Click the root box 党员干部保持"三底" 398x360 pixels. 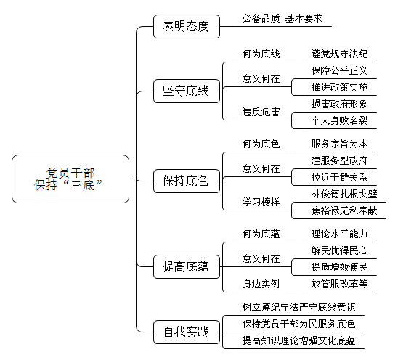pos(70,179)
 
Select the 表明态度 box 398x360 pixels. pos(187,26)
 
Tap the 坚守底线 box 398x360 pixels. pos(187,91)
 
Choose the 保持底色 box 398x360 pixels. pos(187,181)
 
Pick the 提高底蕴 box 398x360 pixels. pos(187,266)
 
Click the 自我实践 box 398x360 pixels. pos(187,332)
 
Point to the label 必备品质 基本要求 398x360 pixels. pos(283,19)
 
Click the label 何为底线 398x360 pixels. pos(261,54)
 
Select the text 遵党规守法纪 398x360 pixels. pos(339,54)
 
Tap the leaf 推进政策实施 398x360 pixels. pos(339,87)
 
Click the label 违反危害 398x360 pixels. pos(261,112)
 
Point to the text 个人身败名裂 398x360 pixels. pos(339,120)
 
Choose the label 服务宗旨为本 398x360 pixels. pos(339,144)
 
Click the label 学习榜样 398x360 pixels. pos(261,202)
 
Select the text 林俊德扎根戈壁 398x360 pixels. pos(344,194)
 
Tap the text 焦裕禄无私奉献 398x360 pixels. pos(344,210)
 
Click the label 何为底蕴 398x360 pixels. pos(261,234)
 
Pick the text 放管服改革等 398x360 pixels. pos(339,284)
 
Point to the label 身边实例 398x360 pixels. pos(261,284)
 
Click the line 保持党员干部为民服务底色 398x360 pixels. pos(298,324)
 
